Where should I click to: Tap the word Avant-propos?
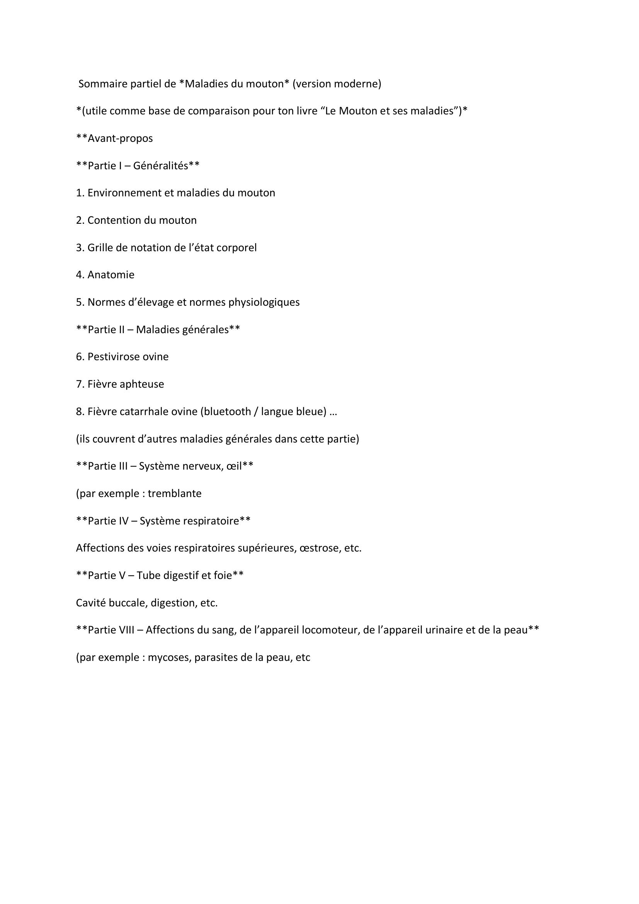point(120,138)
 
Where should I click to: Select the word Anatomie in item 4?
point(110,275)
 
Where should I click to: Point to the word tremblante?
point(174,493)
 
